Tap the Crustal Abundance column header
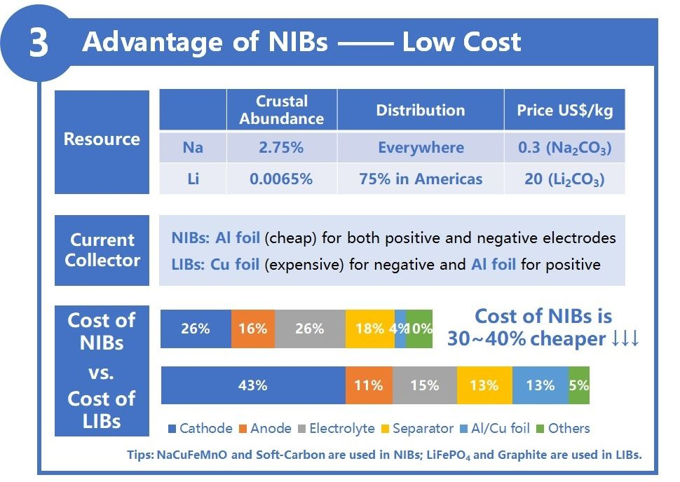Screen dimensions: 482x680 [281, 110]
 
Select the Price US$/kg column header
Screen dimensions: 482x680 [564, 110]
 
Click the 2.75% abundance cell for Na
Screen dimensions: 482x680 [281, 148]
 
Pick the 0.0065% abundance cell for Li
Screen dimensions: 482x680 [281, 179]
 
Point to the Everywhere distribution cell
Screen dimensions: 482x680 [421, 148]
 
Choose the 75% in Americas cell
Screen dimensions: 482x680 [421, 179]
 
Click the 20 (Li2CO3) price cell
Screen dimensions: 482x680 [564, 179]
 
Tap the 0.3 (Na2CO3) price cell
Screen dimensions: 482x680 [564, 148]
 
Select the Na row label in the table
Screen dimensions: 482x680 [193, 148]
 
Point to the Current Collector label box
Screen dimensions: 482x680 [102, 250]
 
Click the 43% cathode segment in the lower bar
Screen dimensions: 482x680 [253, 385]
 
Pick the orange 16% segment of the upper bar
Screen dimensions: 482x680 [252, 329]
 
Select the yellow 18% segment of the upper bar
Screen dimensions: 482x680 [369, 329]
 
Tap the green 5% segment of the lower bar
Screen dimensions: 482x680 [579, 385]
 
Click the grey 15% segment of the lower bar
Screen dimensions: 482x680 [424, 385]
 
